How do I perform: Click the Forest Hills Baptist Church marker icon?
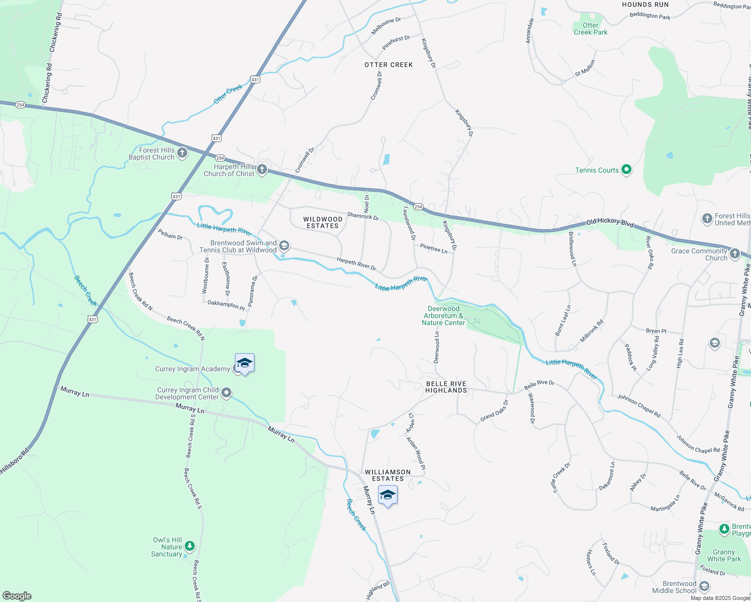182,153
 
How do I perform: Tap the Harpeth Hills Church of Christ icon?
262,170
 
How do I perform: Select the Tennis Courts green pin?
626,170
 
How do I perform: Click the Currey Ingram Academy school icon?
244,363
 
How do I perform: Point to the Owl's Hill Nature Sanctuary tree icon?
189,546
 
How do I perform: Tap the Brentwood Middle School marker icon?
704,586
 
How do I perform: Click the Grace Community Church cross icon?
734,254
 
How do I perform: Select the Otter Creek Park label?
590,29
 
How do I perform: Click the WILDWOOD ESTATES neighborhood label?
323,222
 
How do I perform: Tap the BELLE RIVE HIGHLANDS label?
446,387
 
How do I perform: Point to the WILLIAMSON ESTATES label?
388,475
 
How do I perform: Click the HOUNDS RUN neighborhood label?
645,5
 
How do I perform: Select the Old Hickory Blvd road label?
610,223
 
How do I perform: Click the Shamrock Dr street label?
363,216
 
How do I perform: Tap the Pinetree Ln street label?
434,248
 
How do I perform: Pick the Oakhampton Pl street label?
226,304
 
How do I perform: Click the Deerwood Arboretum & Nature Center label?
443,316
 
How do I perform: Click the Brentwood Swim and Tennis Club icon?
284,246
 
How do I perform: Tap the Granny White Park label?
724,555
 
